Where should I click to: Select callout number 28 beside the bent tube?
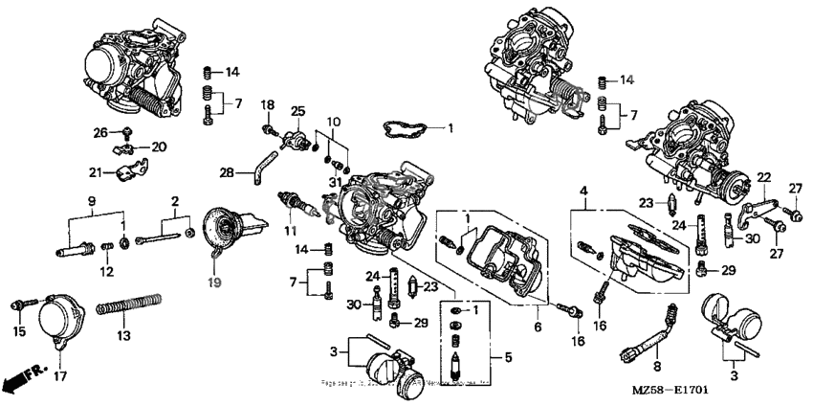(x=227, y=172)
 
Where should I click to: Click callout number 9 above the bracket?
(x=93, y=200)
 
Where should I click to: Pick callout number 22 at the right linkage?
(x=763, y=177)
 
